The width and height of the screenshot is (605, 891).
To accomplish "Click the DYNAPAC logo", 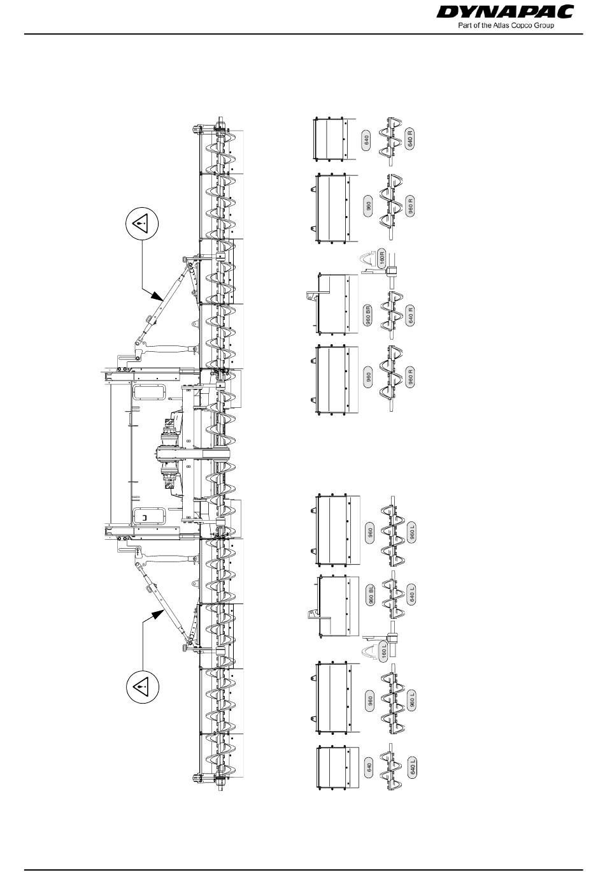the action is click(x=514, y=12).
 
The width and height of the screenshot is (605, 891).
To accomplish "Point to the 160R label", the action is click(x=382, y=259).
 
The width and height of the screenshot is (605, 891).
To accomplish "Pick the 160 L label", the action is click(x=384, y=651).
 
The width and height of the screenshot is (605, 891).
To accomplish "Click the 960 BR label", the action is click(x=368, y=316).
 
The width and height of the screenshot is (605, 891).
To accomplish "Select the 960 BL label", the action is click(x=371, y=597).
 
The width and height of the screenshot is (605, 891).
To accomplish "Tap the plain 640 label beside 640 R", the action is click(x=366, y=141).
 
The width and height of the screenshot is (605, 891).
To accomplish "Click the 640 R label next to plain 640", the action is click(x=411, y=139).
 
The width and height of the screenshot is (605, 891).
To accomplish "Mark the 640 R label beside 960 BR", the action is click(x=411, y=315).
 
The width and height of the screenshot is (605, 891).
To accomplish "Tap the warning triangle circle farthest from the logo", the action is click(x=141, y=686).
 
